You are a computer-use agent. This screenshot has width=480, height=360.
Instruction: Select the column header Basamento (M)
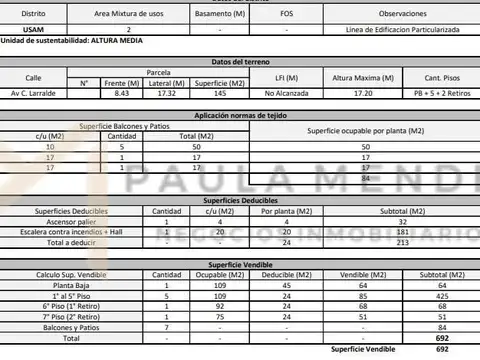pos(219,16)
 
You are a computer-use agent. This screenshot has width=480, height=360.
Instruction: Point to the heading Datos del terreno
pos(239,61)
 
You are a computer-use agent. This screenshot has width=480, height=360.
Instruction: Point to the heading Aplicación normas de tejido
pos(239,117)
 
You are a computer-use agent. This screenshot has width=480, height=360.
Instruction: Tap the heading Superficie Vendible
pos(239,262)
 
